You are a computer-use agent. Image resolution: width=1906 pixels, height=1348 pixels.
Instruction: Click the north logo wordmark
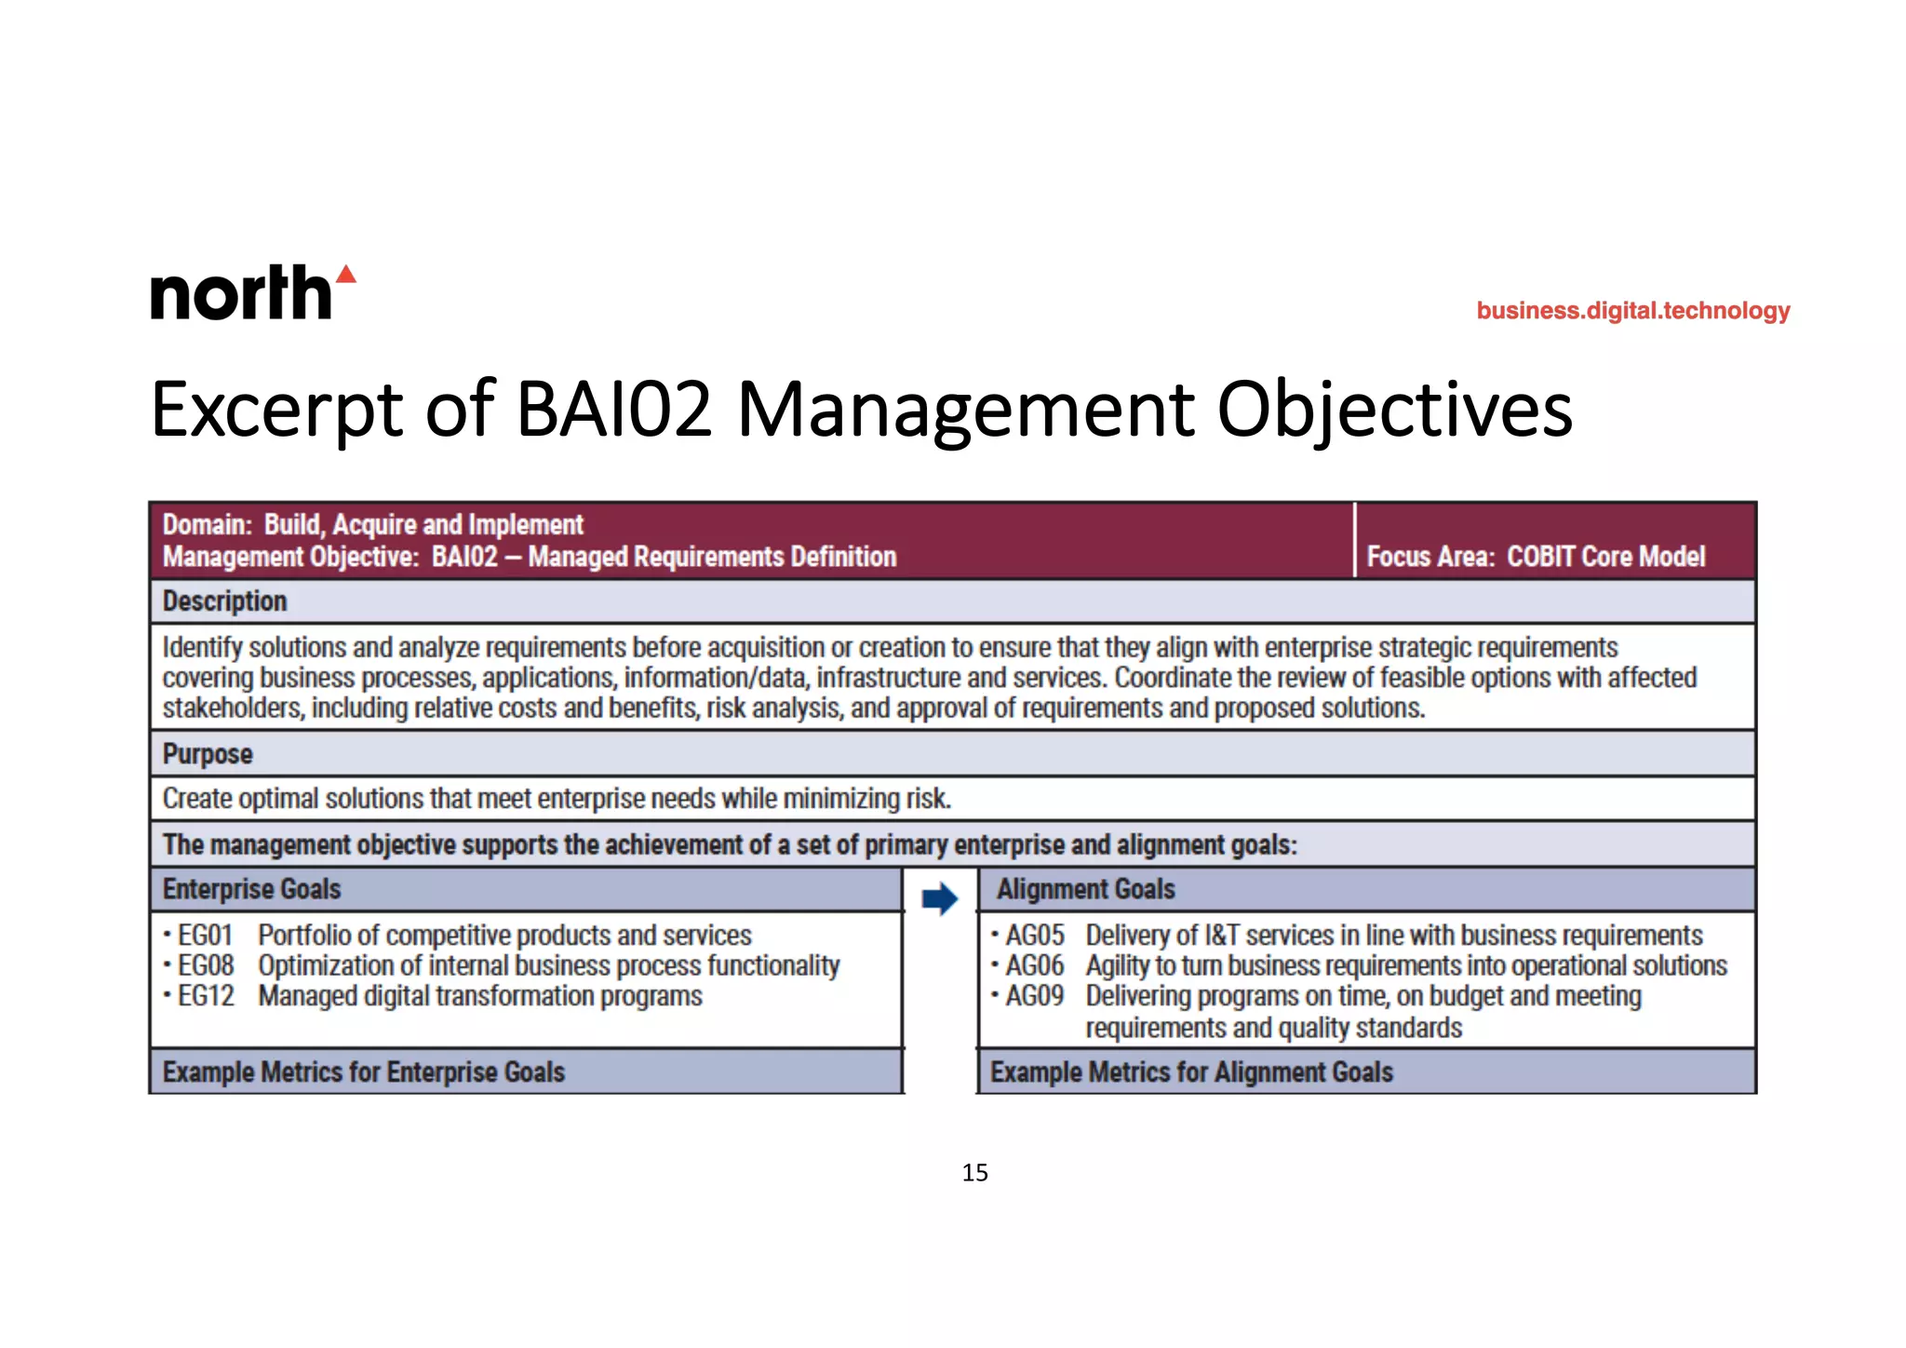[241, 293]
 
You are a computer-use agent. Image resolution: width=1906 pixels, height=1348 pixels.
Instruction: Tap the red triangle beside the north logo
[346, 274]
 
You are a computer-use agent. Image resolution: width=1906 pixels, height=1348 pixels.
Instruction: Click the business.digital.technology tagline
[1632, 311]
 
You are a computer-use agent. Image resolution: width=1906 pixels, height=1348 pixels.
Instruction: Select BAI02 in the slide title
[614, 410]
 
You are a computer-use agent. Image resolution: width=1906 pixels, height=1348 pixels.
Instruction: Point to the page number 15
[974, 1173]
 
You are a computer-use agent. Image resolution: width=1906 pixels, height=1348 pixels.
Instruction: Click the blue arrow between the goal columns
[940, 898]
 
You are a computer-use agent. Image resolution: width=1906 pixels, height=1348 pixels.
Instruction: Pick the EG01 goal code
[205, 935]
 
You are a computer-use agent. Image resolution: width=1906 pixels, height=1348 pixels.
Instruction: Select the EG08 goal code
[205, 965]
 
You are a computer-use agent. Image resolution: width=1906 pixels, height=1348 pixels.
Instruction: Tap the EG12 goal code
[205, 996]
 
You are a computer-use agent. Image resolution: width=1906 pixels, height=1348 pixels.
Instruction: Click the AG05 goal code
[1034, 935]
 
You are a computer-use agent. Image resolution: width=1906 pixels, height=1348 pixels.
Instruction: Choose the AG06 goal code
[1034, 965]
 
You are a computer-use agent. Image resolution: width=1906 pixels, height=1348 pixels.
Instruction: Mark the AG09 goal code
[1034, 996]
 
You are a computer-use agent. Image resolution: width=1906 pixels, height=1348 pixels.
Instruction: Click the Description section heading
[224, 601]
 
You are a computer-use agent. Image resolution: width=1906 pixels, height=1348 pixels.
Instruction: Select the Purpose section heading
[208, 754]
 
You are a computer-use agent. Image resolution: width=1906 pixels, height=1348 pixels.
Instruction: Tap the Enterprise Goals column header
[251, 889]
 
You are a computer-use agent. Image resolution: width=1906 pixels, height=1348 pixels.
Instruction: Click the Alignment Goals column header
[1085, 889]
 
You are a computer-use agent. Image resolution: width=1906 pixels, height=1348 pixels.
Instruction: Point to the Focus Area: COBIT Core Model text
[1536, 557]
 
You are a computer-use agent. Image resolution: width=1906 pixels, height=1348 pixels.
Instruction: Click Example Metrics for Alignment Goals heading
[1191, 1072]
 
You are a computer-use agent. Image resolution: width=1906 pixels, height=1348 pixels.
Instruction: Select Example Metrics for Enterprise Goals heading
[364, 1072]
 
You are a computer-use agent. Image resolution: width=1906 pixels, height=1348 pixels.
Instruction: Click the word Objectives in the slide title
[1394, 410]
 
